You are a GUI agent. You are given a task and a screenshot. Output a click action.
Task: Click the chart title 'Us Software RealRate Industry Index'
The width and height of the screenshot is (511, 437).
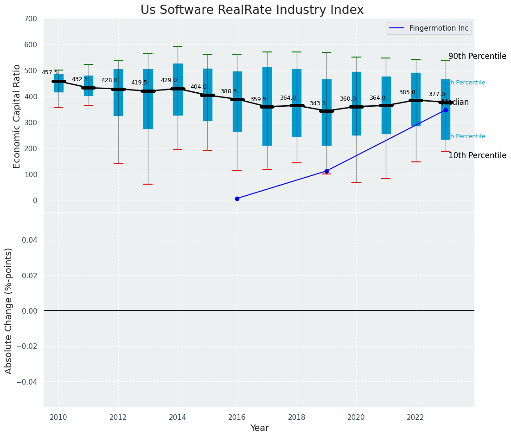(x=252, y=10)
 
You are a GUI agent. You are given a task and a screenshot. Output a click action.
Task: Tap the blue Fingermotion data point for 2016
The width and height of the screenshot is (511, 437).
(x=237, y=199)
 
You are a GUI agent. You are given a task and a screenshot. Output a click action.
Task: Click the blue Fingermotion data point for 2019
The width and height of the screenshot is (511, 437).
(x=326, y=171)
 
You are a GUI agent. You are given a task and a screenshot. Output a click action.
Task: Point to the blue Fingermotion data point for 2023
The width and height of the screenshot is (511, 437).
(x=446, y=110)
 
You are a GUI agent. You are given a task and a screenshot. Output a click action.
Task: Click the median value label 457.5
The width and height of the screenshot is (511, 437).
(x=50, y=72)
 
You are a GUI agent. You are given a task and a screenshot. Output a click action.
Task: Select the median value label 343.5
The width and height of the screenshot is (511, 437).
(x=318, y=103)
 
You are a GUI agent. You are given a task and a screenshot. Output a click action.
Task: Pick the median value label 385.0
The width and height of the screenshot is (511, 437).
(x=407, y=92)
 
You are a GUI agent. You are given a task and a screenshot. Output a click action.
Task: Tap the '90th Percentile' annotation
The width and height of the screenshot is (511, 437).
(x=477, y=56)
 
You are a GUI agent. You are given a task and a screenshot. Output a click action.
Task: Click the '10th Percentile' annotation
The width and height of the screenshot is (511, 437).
(x=477, y=155)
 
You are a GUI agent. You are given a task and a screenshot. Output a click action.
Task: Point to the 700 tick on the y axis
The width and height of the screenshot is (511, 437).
(x=31, y=19)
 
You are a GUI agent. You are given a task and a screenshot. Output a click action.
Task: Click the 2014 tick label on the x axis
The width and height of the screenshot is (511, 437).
(x=178, y=418)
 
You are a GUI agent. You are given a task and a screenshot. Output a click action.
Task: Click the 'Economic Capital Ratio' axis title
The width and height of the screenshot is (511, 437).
(x=17, y=116)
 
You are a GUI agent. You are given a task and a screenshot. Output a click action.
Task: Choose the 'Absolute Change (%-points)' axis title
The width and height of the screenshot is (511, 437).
(x=9, y=310)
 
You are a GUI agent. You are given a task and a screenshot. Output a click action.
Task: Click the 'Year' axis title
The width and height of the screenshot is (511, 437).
(x=259, y=428)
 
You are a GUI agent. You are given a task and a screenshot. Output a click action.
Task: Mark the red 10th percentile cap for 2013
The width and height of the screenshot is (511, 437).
(x=148, y=184)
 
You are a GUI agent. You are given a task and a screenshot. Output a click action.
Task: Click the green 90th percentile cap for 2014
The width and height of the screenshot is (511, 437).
(x=178, y=46)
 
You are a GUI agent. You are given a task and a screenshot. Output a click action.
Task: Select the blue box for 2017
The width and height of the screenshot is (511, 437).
(x=267, y=106)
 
